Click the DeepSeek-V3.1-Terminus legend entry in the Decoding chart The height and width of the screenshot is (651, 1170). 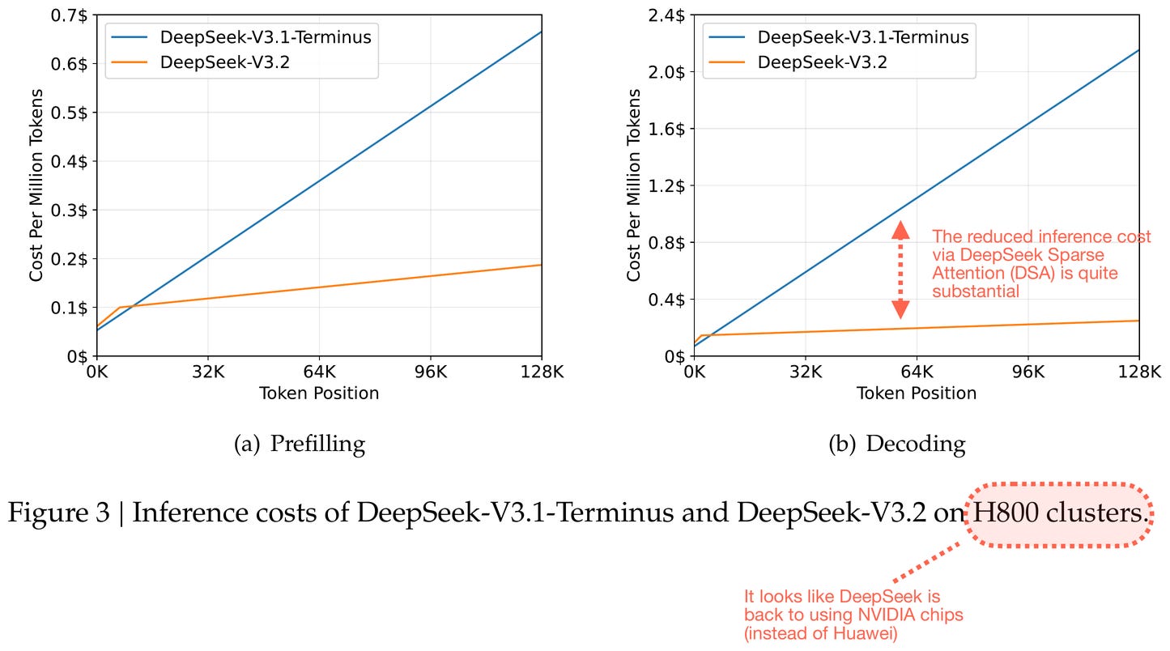pyautogui.click(x=862, y=36)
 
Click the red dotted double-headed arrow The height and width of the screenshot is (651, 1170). pyautogui.click(x=900, y=270)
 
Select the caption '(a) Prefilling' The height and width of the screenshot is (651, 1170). pyautogui.click(x=300, y=444)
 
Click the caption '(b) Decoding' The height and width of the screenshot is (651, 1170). pyautogui.click(x=897, y=444)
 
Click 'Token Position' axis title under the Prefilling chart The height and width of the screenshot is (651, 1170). pyautogui.click(x=319, y=394)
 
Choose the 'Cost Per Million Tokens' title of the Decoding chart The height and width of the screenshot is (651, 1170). pyautogui.click(x=634, y=185)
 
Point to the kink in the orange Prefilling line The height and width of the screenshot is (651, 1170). pyautogui.click(x=119, y=308)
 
